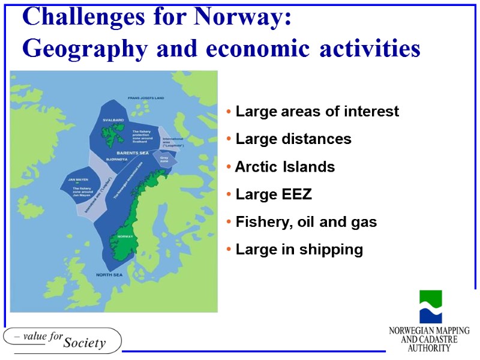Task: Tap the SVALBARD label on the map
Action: [x=112, y=120]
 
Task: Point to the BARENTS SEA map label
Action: [x=133, y=154]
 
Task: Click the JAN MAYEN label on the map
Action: [x=70, y=179]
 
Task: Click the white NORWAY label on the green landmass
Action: [x=125, y=236]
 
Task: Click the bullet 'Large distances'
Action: [x=293, y=139]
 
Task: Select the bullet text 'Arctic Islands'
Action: [x=285, y=167]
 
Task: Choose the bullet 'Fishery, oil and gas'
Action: [x=306, y=222]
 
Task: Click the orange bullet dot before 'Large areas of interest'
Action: [x=230, y=112]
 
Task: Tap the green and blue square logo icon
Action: [x=430, y=307]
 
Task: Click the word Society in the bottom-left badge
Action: [x=84, y=343]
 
